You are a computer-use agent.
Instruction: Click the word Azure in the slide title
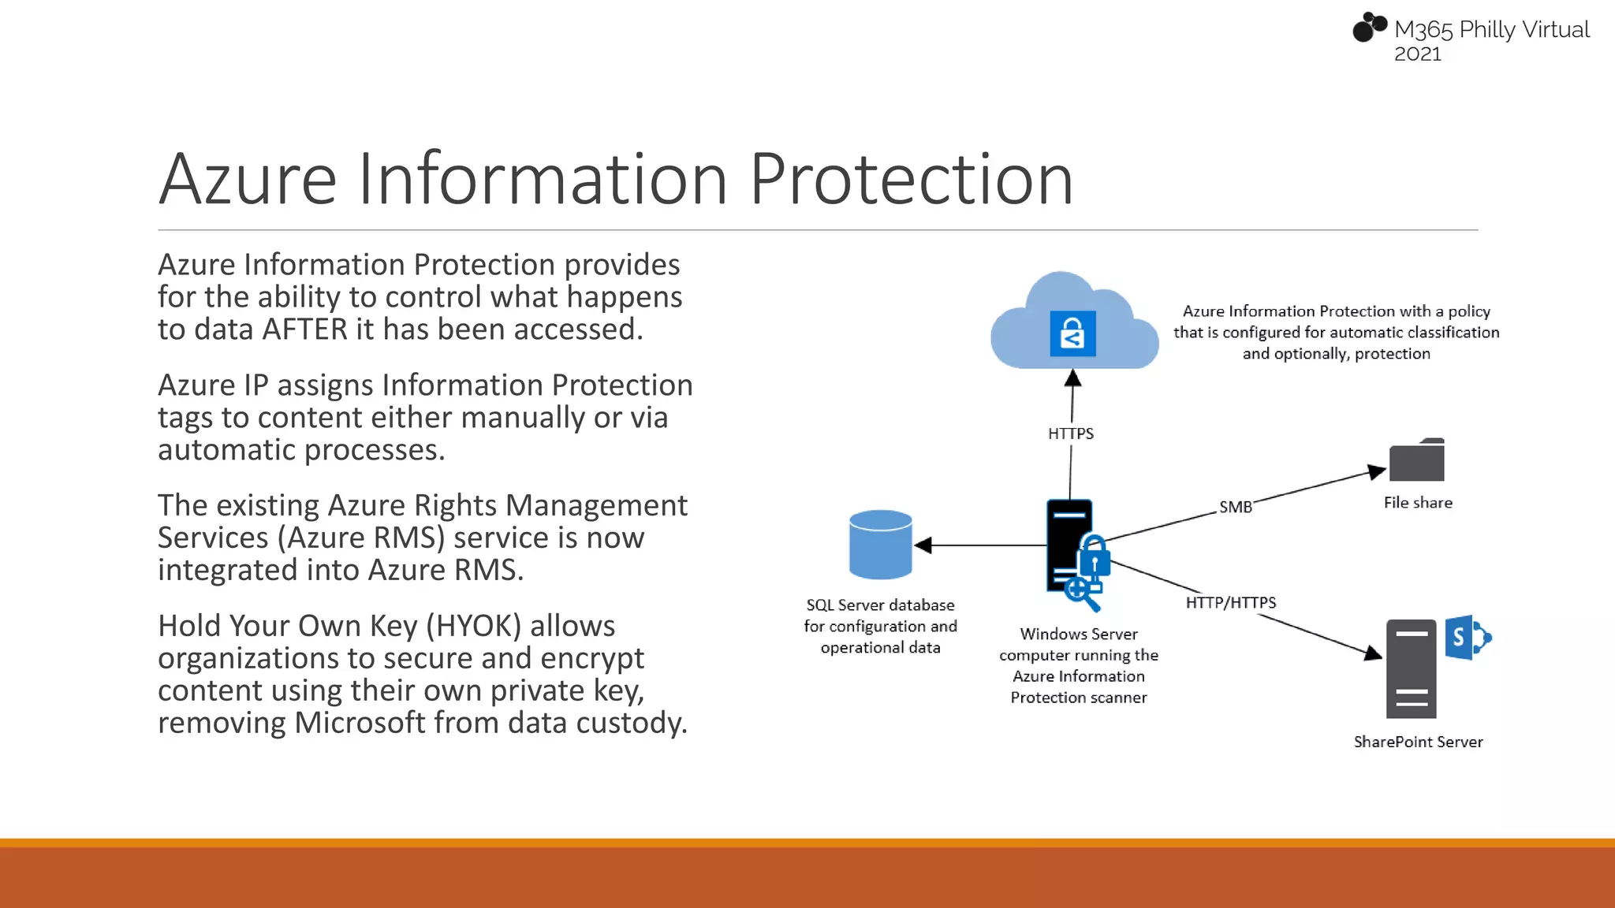(x=248, y=180)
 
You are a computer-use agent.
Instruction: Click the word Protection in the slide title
(x=911, y=180)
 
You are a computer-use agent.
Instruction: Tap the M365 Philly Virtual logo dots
(x=1369, y=27)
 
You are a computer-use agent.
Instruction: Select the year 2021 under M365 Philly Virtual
(x=1417, y=54)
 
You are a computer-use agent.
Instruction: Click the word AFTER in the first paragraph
(x=304, y=329)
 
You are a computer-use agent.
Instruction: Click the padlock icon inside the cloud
(x=1072, y=333)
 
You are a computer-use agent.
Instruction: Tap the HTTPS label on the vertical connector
(x=1070, y=434)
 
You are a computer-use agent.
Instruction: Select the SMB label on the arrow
(x=1235, y=507)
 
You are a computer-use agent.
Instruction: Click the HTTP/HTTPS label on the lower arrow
(x=1230, y=603)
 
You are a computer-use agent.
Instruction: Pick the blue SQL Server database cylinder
(x=880, y=545)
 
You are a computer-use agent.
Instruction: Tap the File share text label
(x=1417, y=503)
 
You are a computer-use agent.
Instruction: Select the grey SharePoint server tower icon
(x=1411, y=668)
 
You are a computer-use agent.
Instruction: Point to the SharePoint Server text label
(x=1418, y=742)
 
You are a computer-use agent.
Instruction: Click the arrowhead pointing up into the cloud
(x=1072, y=379)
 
